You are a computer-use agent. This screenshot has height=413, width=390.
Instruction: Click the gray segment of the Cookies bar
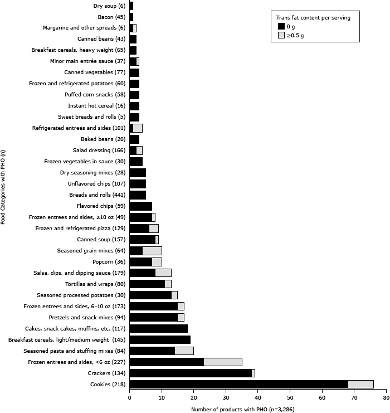pyautogui.click(x=360, y=384)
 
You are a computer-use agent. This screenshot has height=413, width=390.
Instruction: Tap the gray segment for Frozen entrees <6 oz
pyautogui.click(x=223, y=362)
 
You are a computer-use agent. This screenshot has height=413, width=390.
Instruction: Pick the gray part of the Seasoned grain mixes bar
pyautogui.click(x=152, y=250)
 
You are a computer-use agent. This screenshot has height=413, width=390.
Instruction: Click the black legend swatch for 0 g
pyautogui.click(x=281, y=26)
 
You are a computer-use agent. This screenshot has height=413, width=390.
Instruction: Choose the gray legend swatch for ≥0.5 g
pyautogui.click(x=281, y=35)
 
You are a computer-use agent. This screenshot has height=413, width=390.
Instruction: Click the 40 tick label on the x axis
pyautogui.click(x=258, y=398)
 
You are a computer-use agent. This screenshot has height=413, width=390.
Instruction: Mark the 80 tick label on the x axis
pyautogui.click(x=386, y=398)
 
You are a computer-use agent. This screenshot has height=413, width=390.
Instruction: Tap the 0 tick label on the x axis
pyautogui.click(x=129, y=398)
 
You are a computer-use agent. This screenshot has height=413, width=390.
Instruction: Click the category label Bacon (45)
pyautogui.click(x=111, y=17)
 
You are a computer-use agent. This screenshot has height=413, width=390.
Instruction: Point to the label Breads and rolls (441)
pyautogui.click(x=96, y=195)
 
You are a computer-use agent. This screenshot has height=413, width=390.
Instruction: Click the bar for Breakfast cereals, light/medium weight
pyautogui.click(x=160, y=339)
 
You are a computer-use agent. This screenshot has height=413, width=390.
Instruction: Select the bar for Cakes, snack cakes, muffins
pyautogui.click(x=158, y=328)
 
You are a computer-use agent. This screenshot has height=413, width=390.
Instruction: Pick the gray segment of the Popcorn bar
pyautogui.click(x=157, y=261)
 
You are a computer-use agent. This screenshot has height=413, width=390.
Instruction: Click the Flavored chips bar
pyautogui.click(x=140, y=206)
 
